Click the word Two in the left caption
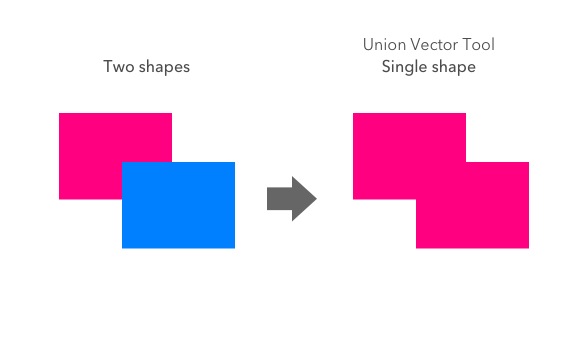click(117, 68)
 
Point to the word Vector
click(434, 45)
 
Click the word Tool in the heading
click(480, 45)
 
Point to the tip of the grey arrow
click(316, 198)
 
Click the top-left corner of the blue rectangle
click(123, 163)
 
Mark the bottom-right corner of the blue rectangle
click(234, 247)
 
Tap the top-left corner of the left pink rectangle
click(60, 114)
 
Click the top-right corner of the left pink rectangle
click(171, 114)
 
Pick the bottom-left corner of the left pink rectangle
click(60, 198)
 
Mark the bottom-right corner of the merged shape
click(528, 247)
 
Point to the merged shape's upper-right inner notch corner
click(466, 162)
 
